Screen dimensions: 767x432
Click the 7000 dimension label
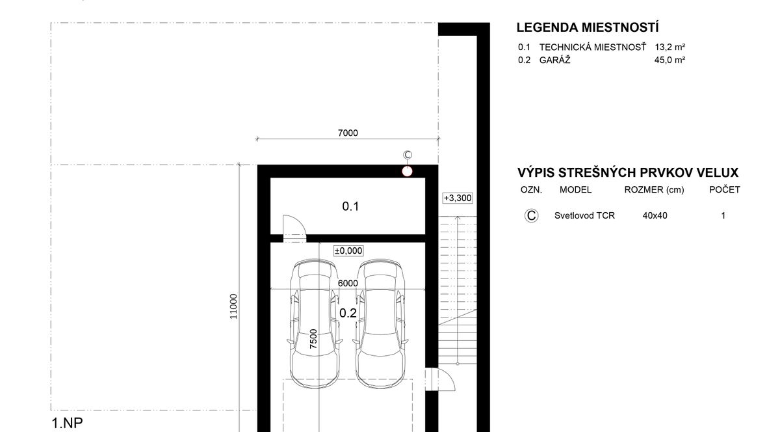pyautogui.click(x=348, y=133)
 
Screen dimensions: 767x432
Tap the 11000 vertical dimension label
pyautogui.click(x=233, y=306)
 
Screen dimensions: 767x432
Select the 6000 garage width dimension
pyautogui.click(x=348, y=283)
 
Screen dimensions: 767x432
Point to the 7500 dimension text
pyautogui.click(x=313, y=339)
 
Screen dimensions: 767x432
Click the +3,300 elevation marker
pyautogui.click(x=458, y=198)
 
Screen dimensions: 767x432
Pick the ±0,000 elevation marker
pyautogui.click(x=348, y=250)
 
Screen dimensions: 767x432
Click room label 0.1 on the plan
pyautogui.click(x=350, y=206)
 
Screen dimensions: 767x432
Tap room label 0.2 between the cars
pyautogui.click(x=348, y=313)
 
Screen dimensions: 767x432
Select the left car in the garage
pyautogui.click(x=315, y=323)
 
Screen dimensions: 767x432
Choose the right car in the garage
pyautogui.click(x=380, y=323)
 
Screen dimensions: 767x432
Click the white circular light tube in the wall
pyautogui.click(x=407, y=171)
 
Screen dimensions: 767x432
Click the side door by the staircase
pyautogui.click(x=440, y=379)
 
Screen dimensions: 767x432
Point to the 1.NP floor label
pyautogui.click(x=67, y=423)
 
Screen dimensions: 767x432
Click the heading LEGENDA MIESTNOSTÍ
pyautogui.click(x=588, y=27)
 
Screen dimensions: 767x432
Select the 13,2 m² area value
pyautogui.click(x=669, y=47)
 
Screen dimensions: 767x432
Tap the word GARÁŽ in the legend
pyautogui.click(x=554, y=61)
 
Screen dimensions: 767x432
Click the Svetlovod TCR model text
pyautogui.click(x=584, y=215)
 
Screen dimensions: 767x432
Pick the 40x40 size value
pyautogui.click(x=655, y=215)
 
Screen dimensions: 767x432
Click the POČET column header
pyautogui.click(x=725, y=189)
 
